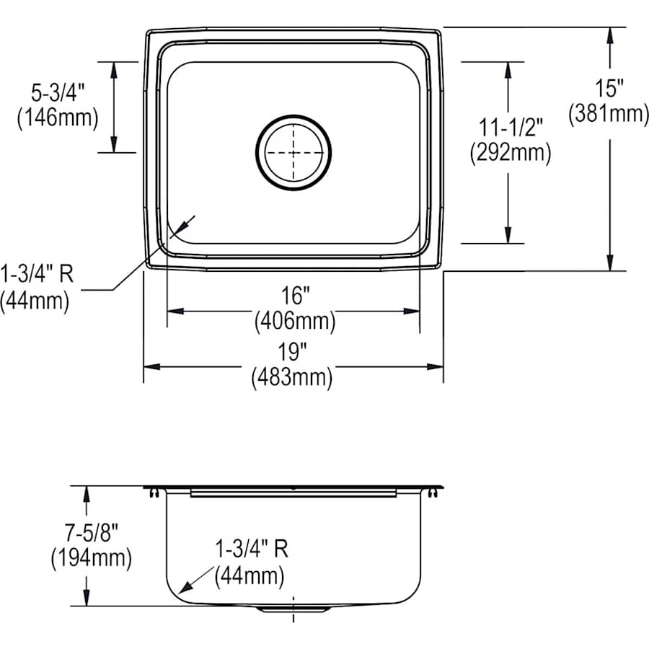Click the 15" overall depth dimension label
(609, 89)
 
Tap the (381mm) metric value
(609, 113)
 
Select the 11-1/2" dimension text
(511, 128)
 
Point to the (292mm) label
(511, 152)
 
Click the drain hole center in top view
(293, 152)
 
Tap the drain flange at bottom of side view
(293, 609)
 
